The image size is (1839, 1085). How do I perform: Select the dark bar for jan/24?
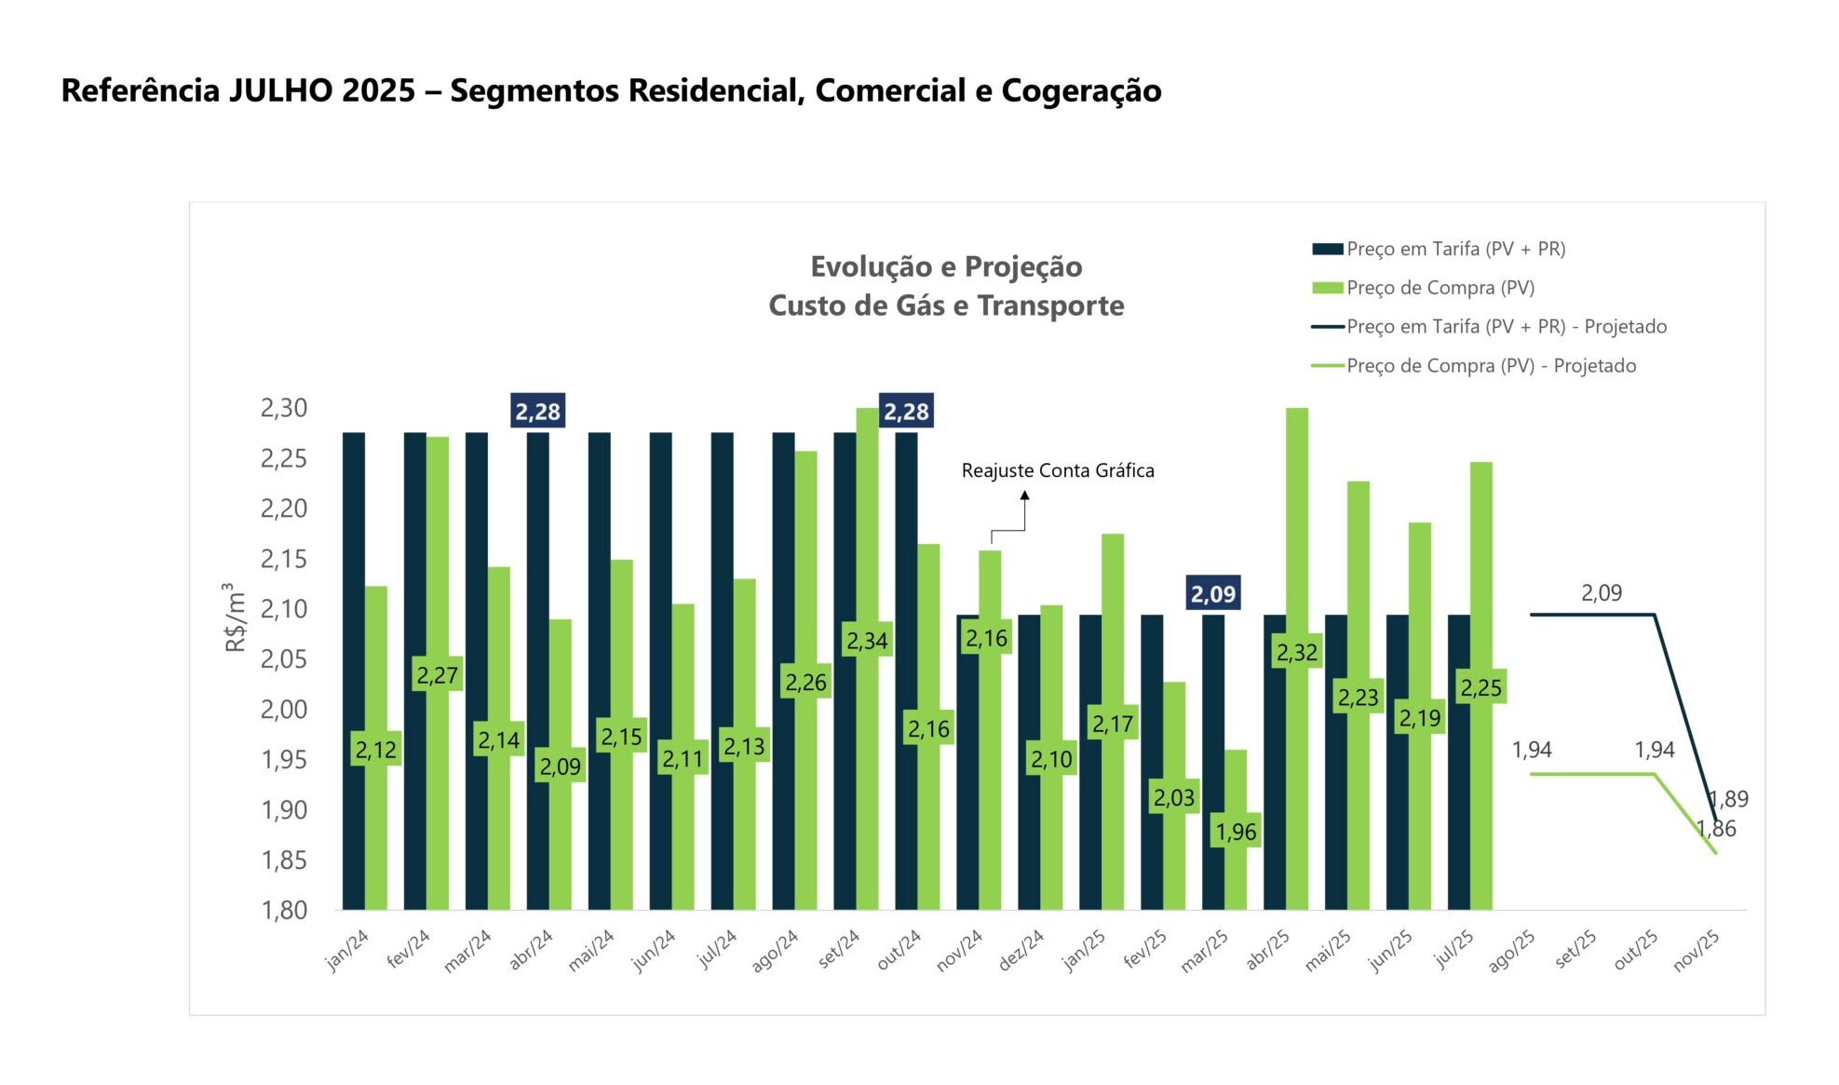click(354, 671)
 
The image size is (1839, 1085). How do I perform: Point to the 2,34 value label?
click(867, 641)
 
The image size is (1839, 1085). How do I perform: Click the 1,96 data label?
click(1236, 832)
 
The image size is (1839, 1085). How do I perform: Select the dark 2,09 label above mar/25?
click(1212, 594)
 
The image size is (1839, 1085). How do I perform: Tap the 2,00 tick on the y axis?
click(283, 710)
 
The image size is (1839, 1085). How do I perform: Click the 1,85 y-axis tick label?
click(283, 861)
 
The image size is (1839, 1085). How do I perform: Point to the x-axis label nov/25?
click(1696, 951)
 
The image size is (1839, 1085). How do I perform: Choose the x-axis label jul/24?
click(717, 949)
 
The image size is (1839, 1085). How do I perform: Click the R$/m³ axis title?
click(235, 617)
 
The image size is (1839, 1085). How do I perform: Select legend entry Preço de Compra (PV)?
click(1440, 288)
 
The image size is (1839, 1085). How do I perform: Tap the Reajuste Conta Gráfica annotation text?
click(1057, 471)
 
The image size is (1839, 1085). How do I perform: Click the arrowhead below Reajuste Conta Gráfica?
click(1024, 496)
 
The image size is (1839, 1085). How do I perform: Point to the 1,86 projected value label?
click(1716, 829)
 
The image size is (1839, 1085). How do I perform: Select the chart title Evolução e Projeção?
click(946, 267)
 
